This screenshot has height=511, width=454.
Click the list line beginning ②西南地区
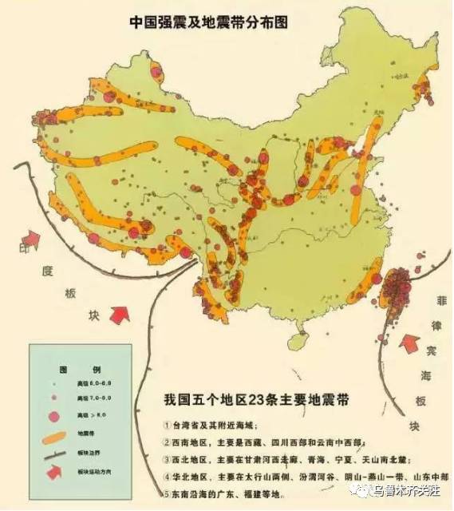[x=263, y=442]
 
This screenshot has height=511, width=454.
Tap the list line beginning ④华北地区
[x=303, y=477]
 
